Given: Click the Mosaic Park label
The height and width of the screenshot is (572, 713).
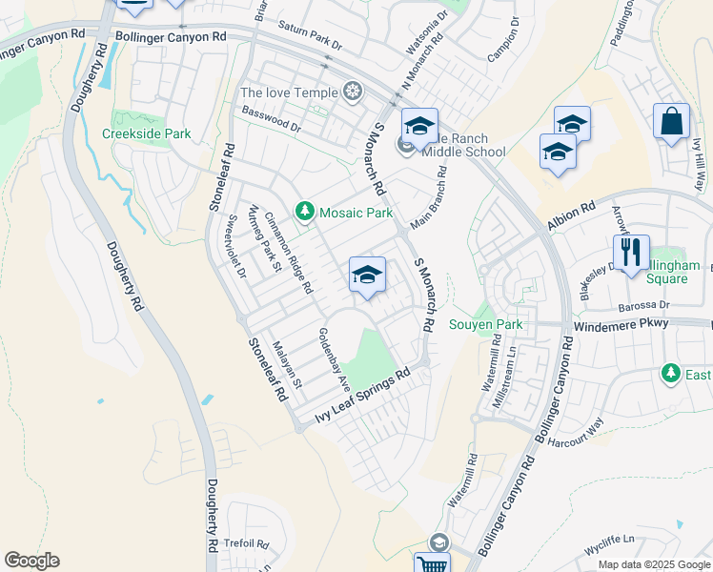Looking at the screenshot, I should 356,212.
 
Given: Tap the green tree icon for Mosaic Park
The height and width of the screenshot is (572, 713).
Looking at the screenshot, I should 305,211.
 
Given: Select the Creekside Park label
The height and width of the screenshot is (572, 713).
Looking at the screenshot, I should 147,134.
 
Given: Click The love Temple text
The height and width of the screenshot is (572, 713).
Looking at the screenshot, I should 289,92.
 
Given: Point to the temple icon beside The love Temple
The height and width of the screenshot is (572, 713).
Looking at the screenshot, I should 354,92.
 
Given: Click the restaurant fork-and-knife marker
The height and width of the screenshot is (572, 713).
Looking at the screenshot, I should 630,253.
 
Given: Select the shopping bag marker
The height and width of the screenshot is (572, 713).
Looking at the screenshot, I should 671,122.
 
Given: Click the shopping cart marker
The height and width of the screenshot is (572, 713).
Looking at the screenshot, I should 432,564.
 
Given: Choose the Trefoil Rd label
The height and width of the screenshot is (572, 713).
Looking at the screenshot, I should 246,543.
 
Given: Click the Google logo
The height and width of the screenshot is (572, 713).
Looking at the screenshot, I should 31,561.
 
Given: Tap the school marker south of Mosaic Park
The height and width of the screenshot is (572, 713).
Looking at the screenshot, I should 367,276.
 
